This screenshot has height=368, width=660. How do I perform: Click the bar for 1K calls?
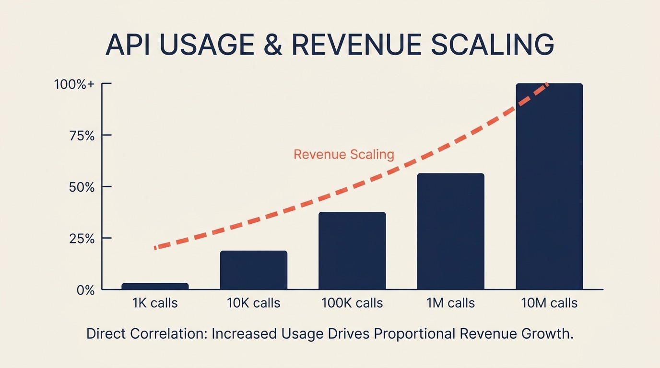[155, 286]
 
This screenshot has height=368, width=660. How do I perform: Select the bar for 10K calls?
[253, 270]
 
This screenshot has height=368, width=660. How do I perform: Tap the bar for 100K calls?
[352, 251]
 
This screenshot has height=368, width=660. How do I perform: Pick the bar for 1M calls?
[450, 231]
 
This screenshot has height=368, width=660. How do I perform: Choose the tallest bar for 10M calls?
[549, 187]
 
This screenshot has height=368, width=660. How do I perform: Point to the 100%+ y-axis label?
[74, 84]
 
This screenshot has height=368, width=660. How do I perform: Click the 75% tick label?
[82, 136]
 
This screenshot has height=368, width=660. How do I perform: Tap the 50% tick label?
[82, 187]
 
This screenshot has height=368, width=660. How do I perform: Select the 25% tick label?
[82, 239]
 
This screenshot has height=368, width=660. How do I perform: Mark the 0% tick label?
[86, 290]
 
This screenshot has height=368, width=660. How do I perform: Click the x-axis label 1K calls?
[155, 303]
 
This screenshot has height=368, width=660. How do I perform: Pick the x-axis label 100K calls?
[352, 303]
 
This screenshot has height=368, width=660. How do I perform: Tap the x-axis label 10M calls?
[550, 303]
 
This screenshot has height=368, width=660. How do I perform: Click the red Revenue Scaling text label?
[343, 155]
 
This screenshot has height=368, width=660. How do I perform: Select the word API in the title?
[126, 45]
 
